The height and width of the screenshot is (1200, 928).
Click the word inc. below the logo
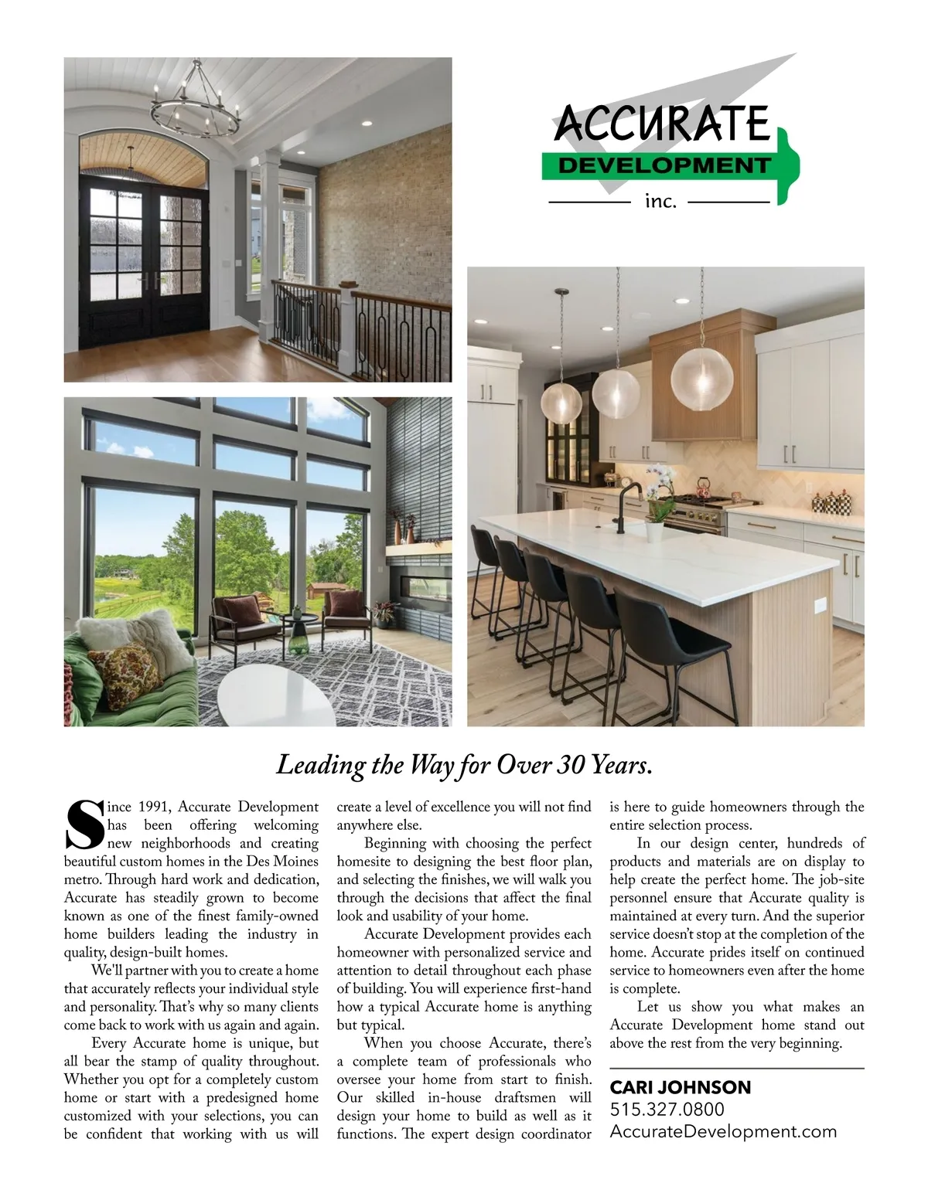click(x=660, y=202)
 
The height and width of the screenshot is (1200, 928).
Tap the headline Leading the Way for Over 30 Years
click(x=464, y=765)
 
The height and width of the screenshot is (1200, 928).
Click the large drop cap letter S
click(x=83, y=826)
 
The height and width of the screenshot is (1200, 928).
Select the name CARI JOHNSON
click(x=681, y=1087)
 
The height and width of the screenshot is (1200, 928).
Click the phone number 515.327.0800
click(x=667, y=1110)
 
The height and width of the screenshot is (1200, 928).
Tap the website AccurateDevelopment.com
click(x=723, y=1132)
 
